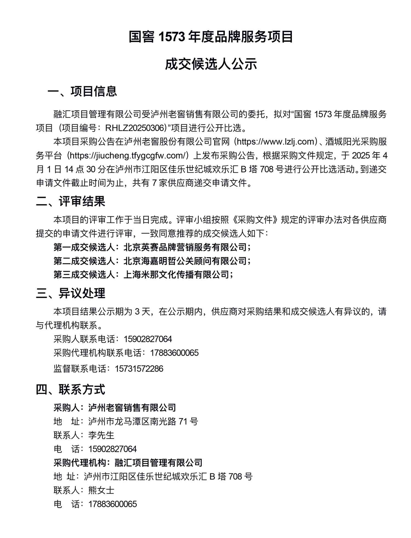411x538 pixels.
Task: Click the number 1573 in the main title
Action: tap(171, 37)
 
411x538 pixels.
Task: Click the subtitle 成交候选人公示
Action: tap(211, 64)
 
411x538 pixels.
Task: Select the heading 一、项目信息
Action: tap(82, 91)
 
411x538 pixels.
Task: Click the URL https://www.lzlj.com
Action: tap(277, 142)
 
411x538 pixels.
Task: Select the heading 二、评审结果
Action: tap(70, 201)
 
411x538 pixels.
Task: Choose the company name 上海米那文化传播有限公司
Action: tap(176, 274)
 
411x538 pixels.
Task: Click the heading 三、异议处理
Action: tap(70, 293)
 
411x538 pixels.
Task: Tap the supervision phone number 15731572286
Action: tap(139, 369)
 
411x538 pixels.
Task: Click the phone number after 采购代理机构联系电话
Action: tap(174, 353)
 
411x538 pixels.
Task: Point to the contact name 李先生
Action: tap(101, 435)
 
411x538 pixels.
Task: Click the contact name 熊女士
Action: tap(101, 490)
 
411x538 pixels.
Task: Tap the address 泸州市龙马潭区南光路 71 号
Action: tap(143, 422)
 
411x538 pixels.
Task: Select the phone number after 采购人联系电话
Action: tap(148, 339)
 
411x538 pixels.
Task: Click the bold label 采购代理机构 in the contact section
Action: tap(80, 463)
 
